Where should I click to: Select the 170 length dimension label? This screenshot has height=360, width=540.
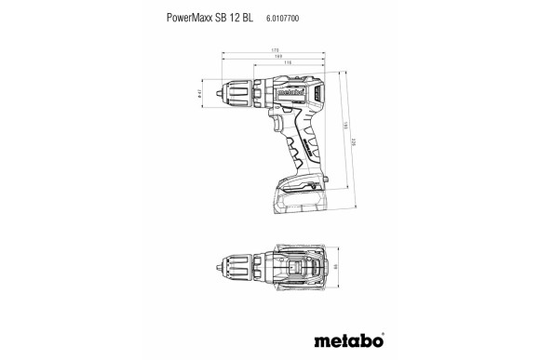pos(277,49)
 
